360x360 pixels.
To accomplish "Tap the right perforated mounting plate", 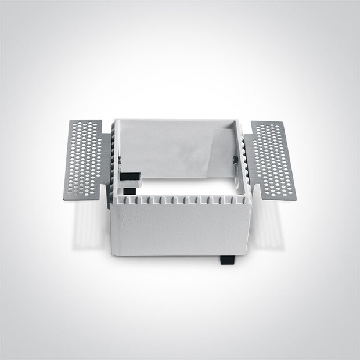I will [270, 158].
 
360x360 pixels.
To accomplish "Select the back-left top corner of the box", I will [116, 121].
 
